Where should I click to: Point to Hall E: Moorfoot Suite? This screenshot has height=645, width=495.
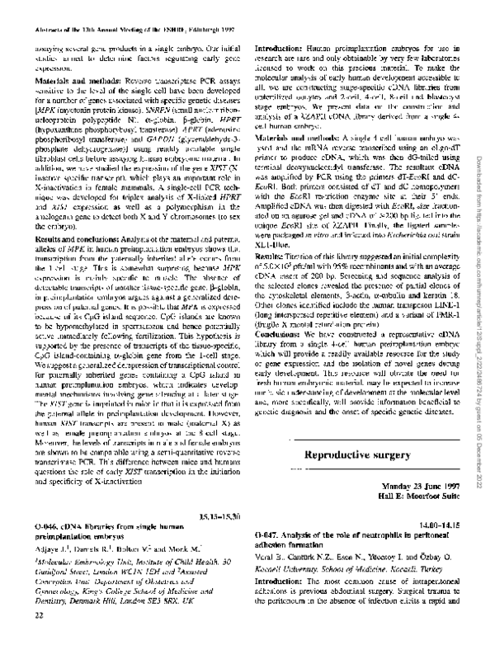click(423, 497)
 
